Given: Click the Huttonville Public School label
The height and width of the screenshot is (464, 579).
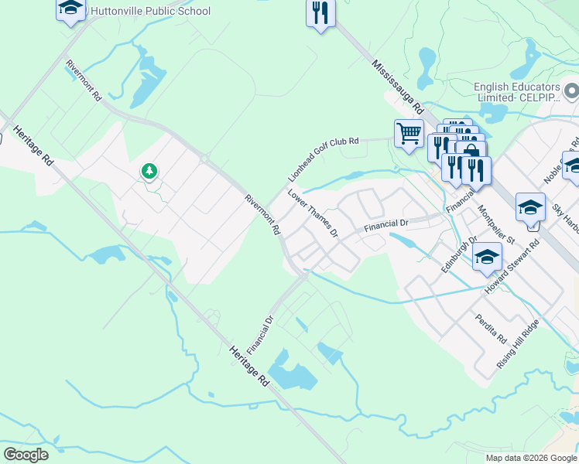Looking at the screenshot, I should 150,11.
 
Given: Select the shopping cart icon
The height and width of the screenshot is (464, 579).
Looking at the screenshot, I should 409,133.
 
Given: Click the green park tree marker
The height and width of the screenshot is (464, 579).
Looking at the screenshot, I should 149,171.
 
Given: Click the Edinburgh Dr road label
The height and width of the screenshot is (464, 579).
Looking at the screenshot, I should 463,253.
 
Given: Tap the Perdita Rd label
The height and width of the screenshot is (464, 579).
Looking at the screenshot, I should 492,329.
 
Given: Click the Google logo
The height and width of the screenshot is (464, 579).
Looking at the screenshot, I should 26,454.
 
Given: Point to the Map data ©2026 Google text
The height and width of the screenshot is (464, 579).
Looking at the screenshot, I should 531,458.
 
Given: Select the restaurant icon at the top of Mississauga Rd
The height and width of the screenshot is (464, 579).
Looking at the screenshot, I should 320,13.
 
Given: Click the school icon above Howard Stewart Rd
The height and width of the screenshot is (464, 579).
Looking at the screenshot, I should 486,257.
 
